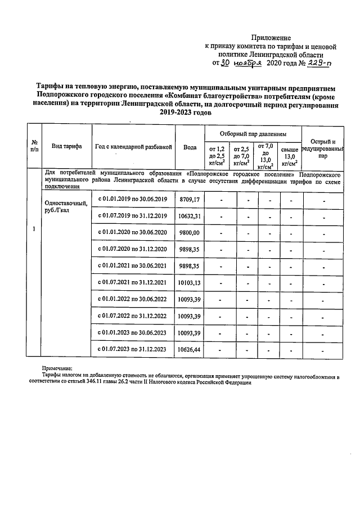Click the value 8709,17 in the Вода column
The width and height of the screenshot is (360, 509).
coord(190,200)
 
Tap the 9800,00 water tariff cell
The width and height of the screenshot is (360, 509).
coord(190,232)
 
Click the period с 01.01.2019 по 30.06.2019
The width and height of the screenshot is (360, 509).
coord(133,200)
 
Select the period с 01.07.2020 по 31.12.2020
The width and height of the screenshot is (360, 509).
coord(133,249)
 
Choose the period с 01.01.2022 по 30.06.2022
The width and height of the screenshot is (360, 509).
coord(133,299)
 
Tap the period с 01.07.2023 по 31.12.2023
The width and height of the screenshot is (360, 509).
coord(133,349)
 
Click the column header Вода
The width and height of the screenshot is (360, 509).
coord(190,147)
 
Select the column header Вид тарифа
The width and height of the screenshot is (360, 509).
coord(66,146)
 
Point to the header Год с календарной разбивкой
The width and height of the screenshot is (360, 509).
coord(133,146)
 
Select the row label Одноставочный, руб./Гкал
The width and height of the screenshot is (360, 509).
coord(65,207)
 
